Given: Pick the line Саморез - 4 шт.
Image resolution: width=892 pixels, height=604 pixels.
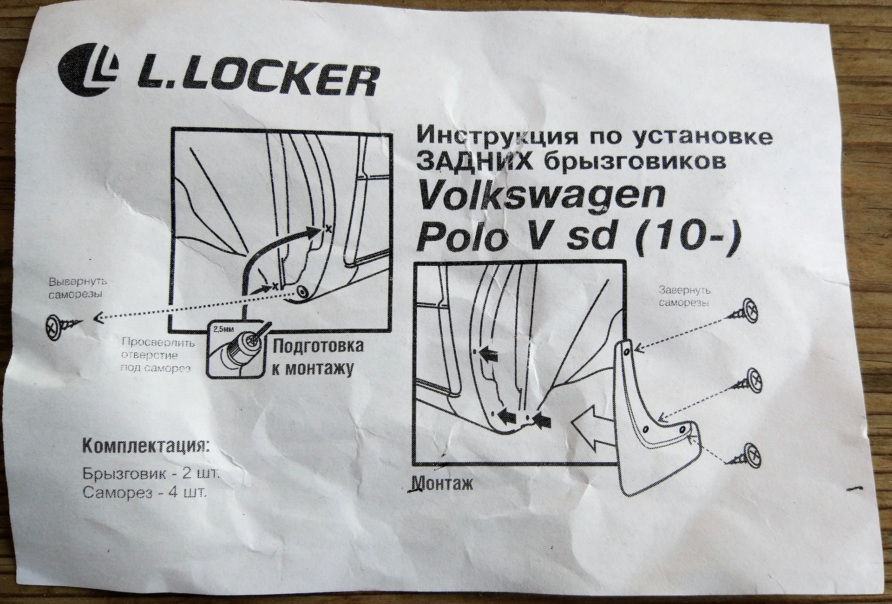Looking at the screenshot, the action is tap(144, 493).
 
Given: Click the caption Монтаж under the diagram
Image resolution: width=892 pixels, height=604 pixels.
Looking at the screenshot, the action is tap(441, 484).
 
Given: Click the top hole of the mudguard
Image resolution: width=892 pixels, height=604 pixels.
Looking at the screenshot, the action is tap(626, 352).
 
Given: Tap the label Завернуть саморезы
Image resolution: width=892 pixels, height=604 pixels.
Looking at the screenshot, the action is tap(685, 296).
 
